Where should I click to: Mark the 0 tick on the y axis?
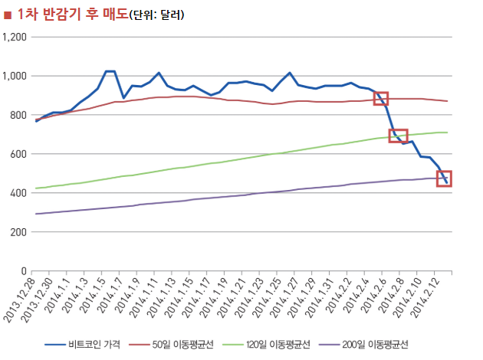[x=24, y=271]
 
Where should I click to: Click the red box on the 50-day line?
[x=381, y=98]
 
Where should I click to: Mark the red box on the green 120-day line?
[x=398, y=136]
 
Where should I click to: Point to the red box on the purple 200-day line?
[x=444, y=178]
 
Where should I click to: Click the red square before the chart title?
[x=8, y=14]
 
